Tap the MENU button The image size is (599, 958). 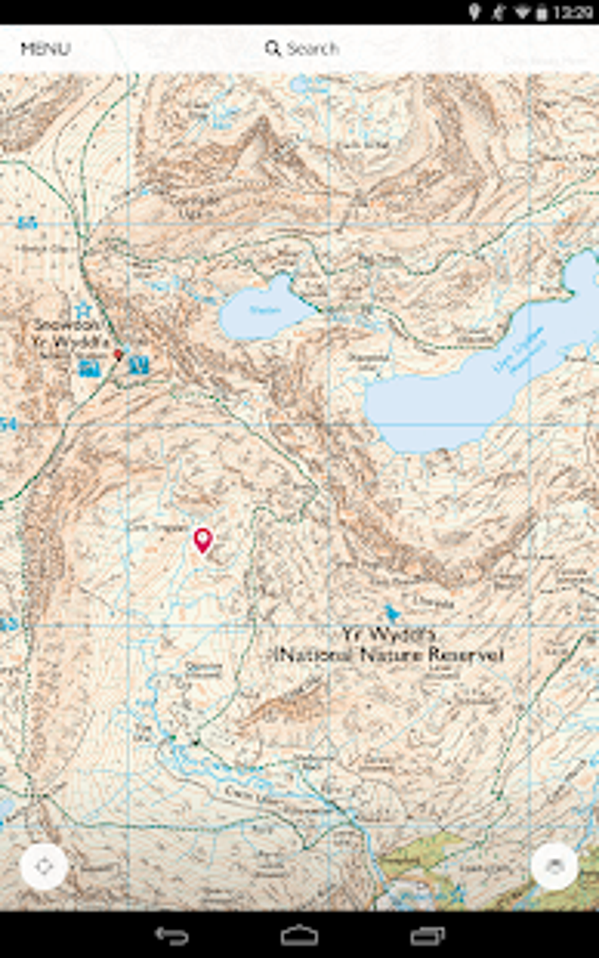(45, 49)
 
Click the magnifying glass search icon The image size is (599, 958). (272, 48)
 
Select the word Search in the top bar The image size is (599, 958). (313, 48)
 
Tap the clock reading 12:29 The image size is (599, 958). (573, 12)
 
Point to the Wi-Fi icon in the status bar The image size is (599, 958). (521, 12)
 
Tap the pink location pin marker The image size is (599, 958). (203, 540)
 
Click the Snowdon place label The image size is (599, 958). (66, 325)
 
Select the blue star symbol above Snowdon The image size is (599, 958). (83, 309)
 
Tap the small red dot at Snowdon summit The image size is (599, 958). (117, 354)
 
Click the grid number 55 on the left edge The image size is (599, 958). (26, 223)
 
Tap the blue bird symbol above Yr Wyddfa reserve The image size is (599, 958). (392, 614)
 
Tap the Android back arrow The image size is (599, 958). (171, 935)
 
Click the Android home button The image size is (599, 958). (299, 935)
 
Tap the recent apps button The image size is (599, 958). (428, 935)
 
